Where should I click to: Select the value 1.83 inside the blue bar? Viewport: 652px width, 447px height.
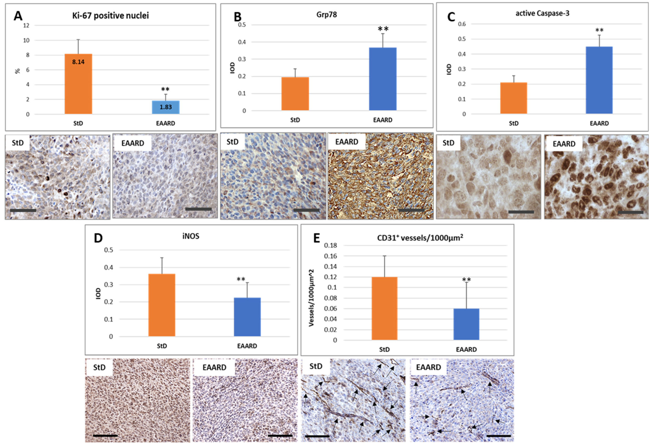(165, 107)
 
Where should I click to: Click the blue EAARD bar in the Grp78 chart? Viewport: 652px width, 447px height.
(383, 79)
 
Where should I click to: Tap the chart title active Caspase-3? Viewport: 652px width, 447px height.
(542, 13)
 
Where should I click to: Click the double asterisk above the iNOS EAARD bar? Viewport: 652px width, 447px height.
(241, 279)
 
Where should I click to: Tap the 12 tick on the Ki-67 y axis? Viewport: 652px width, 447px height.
(26, 26)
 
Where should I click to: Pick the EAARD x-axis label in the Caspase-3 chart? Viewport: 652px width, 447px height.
(599, 123)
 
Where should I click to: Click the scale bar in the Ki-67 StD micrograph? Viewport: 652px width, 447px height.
(23, 210)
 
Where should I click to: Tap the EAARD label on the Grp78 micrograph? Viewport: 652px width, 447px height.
(347, 142)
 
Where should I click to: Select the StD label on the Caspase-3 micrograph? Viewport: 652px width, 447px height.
(448, 143)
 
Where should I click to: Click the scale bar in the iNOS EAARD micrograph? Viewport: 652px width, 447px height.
(280, 436)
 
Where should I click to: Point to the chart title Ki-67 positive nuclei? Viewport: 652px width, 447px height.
(110, 15)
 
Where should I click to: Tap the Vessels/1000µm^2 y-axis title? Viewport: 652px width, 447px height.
(311, 298)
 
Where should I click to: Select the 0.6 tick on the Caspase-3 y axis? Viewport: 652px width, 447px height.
(462, 24)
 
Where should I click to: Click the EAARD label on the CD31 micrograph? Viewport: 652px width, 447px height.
(428, 367)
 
